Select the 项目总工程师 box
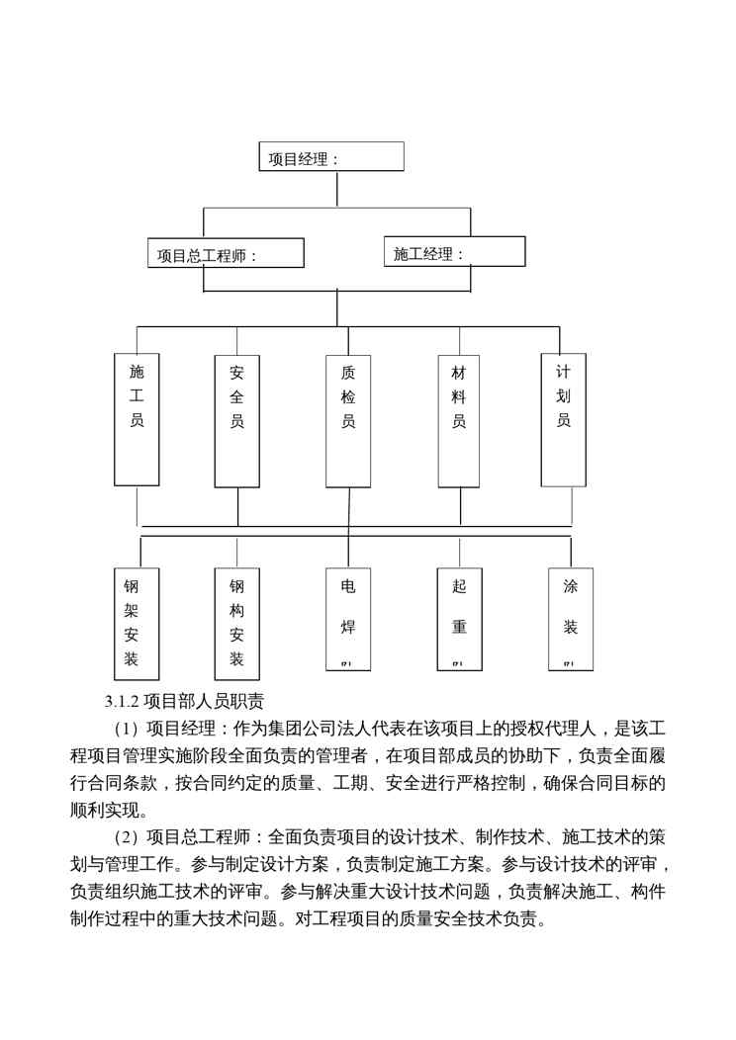coord(225,253)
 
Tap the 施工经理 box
coord(453,252)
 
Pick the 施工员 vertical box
coord(137,420)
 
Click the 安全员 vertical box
coord(237,421)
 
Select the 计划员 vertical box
coord(563,420)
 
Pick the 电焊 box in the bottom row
coord(347,618)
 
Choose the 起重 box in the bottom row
coord(459,618)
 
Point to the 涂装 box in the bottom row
coord(570,618)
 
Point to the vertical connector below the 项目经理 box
coord(336,190)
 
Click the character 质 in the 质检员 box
coord(348,374)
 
